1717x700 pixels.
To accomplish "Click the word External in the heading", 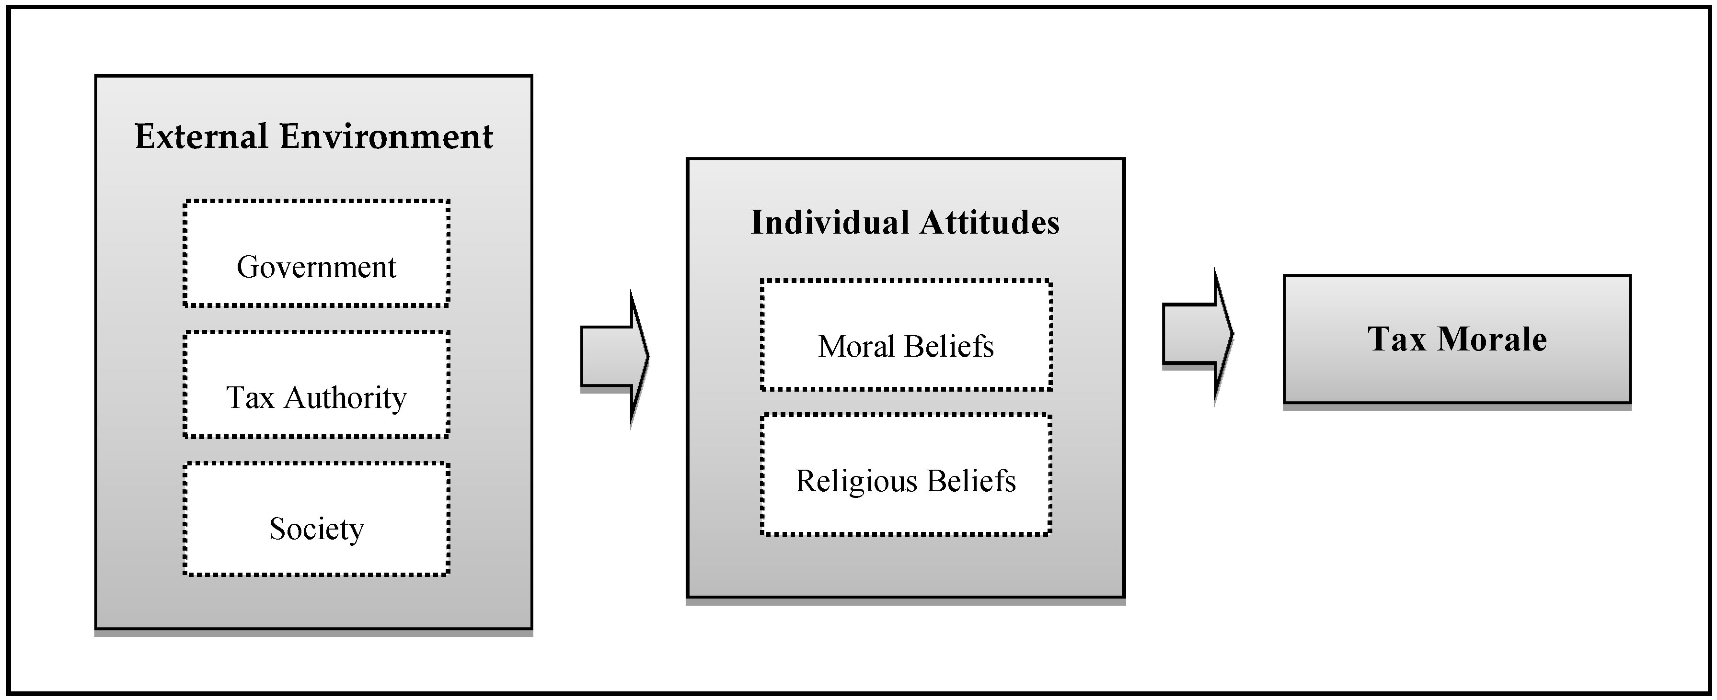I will coord(201,136).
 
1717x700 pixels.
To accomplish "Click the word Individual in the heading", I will coord(827,223).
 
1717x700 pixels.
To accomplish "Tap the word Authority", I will coord(345,398).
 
